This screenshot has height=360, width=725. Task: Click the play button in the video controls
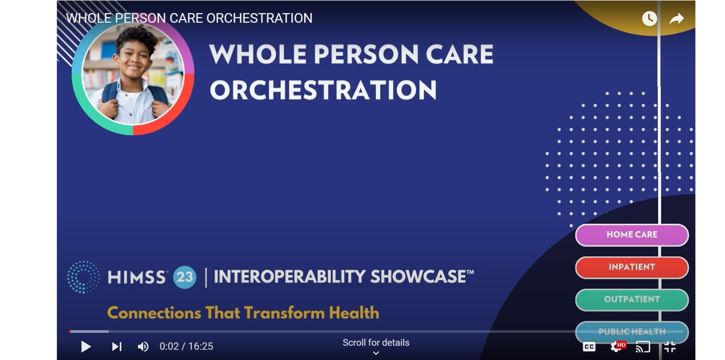(x=86, y=347)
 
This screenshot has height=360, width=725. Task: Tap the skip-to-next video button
(x=116, y=347)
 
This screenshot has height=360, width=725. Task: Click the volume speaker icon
(x=143, y=347)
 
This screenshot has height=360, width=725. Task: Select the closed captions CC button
(x=589, y=347)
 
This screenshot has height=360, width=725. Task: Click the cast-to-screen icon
(x=643, y=347)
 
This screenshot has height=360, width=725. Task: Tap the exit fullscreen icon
(x=670, y=347)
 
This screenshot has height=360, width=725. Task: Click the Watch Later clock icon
(x=649, y=19)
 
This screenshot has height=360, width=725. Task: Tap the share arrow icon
(x=676, y=19)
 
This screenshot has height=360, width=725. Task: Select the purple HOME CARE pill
(x=632, y=235)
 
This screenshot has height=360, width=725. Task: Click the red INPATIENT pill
(x=632, y=267)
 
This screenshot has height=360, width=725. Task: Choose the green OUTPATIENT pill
(x=632, y=299)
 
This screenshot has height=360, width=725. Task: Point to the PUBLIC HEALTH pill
(x=632, y=331)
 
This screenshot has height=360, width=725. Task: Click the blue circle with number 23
(x=185, y=277)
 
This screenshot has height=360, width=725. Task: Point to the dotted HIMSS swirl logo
(x=83, y=277)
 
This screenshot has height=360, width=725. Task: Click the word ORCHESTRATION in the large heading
(x=323, y=90)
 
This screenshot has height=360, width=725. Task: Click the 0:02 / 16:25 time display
(x=186, y=347)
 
